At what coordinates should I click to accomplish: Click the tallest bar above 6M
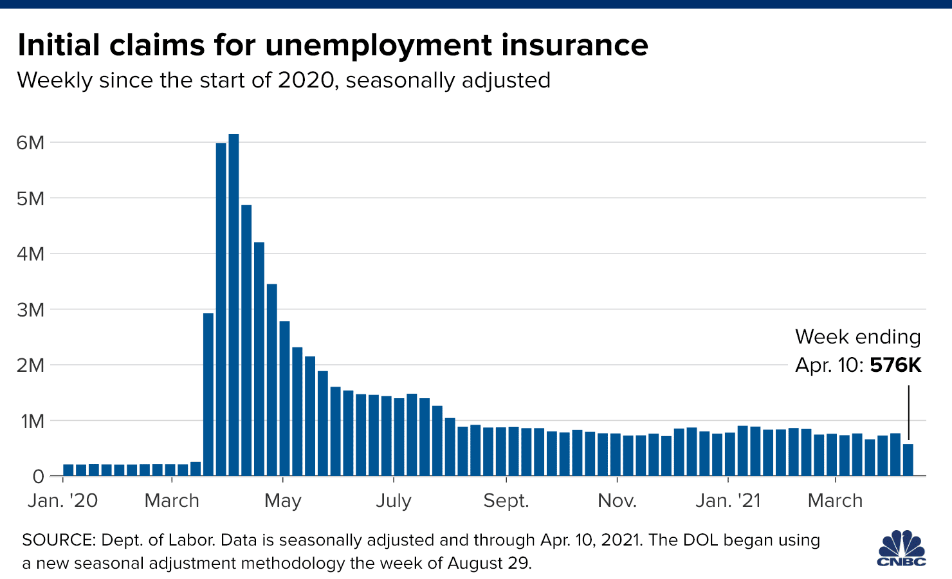pyautogui.click(x=233, y=302)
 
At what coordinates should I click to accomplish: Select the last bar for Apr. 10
pyautogui.click(x=908, y=459)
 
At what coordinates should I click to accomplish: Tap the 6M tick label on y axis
pyautogui.click(x=30, y=143)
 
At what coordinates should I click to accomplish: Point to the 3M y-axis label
pyautogui.click(x=30, y=310)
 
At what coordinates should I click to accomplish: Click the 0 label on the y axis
pyautogui.click(x=38, y=477)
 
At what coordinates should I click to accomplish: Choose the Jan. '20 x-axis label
pyautogui.click(x=62, y=501)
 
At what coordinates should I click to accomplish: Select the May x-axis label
pyautogui.click(x=283, y=501)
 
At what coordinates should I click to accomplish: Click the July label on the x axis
pyautogui.click(x=393, y=501)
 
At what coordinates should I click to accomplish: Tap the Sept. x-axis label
pyautogui.click(x=506, y=501)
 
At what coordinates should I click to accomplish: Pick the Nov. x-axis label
pyautogui.click(x=617, y=501)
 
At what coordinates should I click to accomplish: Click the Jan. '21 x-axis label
pyautogui.click(x=728, y=501)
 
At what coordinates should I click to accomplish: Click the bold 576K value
pyautogui.click(x=895, y=365)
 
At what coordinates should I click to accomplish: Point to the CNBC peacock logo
pyautogui.click(x=902, y=548)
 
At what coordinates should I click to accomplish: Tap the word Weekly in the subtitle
pyautogui.click(x=55, y=80)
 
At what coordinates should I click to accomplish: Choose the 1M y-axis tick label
pyautogui.click(x=32, y=421)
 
